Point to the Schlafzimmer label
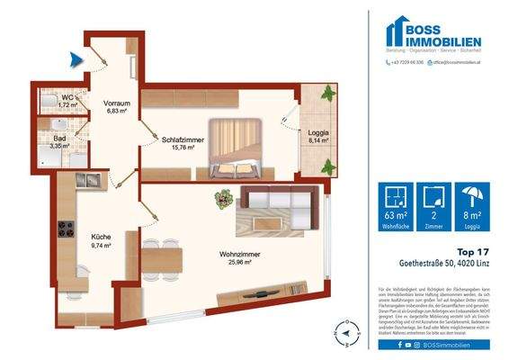click(x=183, y=146)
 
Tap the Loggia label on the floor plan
click(x=319, y=136)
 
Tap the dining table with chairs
click(x=163, y=259)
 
